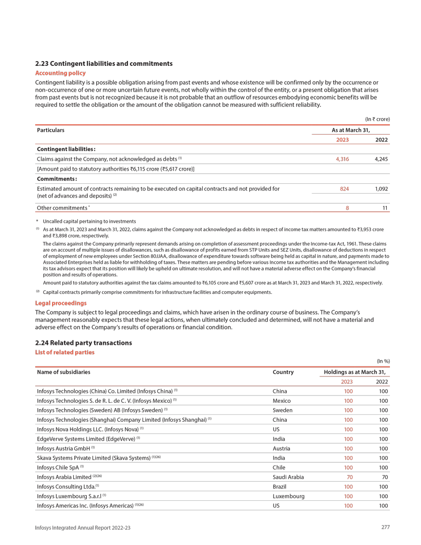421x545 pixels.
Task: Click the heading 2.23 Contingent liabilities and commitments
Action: pyautogui.click(x=104, y=64)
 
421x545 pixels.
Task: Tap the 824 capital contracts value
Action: pyautogui.click(x=344, y=188)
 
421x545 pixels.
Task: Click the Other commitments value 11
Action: pyautogui.click(x=385, y=208)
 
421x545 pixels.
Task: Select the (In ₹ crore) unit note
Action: pyautogui.click(x=377, y=119)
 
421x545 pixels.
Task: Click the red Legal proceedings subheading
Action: pyautogui.click(x=61, y=303)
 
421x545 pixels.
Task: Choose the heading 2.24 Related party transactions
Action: pyautogui.click(x=83, y=343)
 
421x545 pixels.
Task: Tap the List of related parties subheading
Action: pyautogui.click(x=65, y=352)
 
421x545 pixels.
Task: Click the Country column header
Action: pyautogui.click(x=283, y=372)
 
